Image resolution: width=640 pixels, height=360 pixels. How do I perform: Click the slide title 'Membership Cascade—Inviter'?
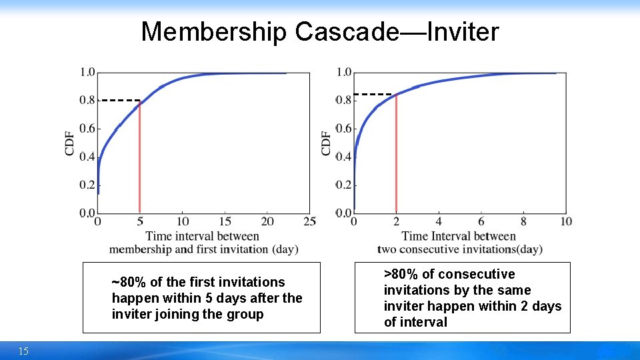point(319,31)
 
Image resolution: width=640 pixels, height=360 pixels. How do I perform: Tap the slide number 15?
point(23,351)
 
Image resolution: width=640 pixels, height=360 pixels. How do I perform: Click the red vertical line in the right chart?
point(396,153)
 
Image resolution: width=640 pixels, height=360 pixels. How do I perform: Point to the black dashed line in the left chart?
point(119,100)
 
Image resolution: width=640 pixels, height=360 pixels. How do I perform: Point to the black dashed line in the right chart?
point(373,94)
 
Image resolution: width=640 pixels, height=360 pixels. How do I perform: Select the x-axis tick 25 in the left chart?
point(309,221)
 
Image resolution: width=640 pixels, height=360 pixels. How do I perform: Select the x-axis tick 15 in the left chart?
point(225,221)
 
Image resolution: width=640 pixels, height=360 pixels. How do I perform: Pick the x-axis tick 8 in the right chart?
point(523,221)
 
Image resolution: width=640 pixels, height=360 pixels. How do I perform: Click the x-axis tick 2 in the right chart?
point(396,221)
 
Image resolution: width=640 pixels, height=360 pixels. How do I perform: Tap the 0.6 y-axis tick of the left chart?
point(87,129)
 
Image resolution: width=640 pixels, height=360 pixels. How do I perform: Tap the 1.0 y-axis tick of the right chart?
point(344,72)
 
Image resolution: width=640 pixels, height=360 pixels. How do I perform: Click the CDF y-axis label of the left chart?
point(70,143)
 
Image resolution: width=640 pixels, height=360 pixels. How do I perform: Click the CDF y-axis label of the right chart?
point(326,143)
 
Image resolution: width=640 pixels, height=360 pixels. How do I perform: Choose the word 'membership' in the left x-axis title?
point(139,249)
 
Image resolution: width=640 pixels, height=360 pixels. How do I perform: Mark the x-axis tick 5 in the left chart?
point(139,221)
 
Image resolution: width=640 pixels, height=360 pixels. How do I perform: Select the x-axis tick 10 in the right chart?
point(566,221)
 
